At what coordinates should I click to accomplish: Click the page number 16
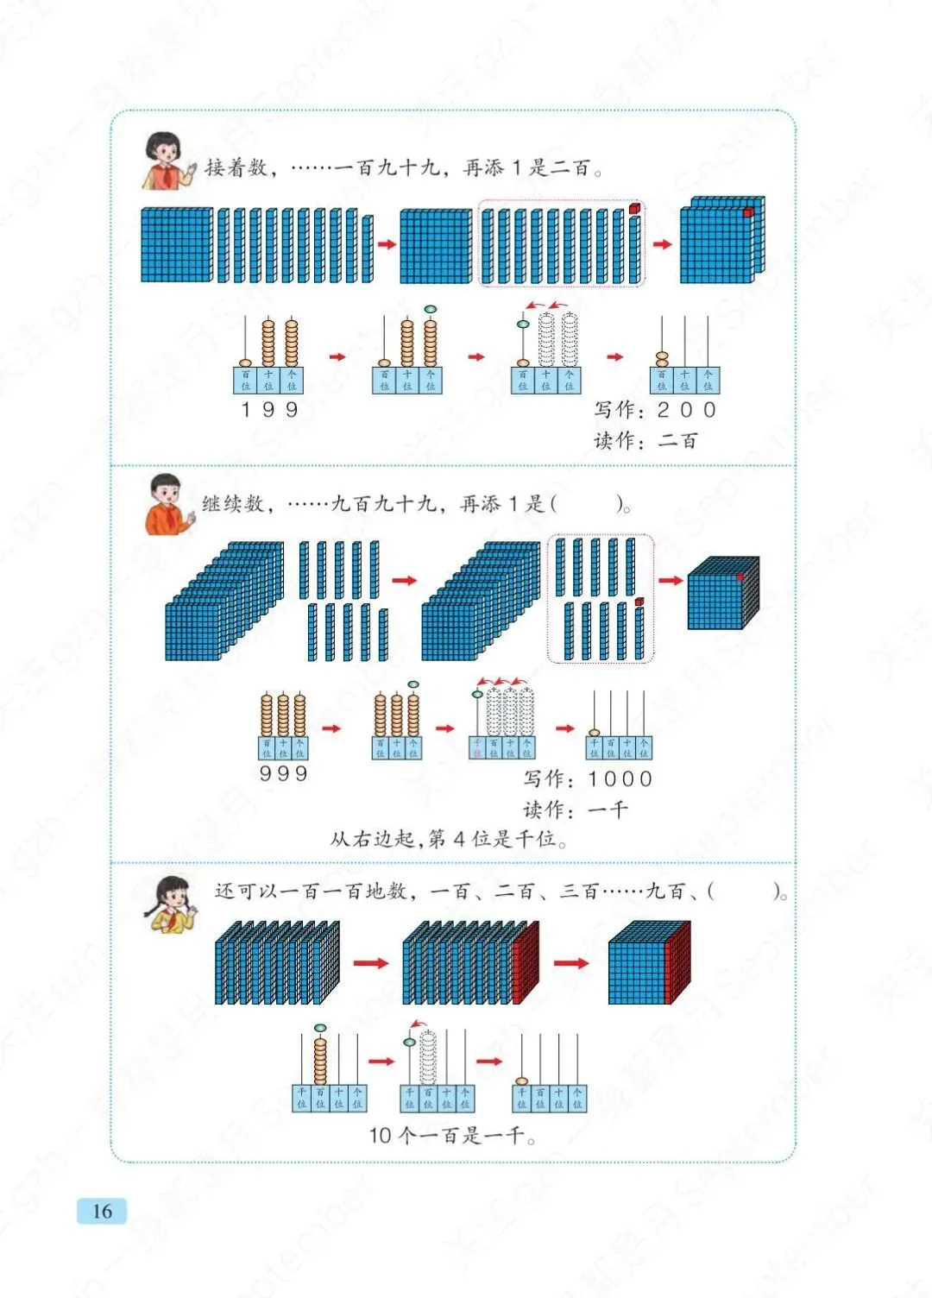click(x=102, y=1211)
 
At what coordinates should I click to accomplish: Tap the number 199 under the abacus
click(x=269, y=409)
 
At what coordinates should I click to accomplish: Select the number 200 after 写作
click(x=687, y=410)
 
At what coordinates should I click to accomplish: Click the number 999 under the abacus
click(x=283, y=773)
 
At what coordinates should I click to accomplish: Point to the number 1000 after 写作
click(x=620, y=779)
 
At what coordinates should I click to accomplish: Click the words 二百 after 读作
click(x=677, y=441)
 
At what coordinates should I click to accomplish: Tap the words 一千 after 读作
click(x=608, y=810)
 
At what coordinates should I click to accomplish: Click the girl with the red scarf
click(x=166, y=160)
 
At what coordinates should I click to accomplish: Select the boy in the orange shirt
click(x=167, y=505)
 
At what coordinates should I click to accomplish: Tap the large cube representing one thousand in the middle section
click(x=722, y=594)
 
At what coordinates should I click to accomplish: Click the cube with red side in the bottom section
click(x=649, y=962)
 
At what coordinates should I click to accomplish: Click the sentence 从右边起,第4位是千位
click(x=448, y=839)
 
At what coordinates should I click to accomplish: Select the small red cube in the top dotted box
click(x=635, y=208)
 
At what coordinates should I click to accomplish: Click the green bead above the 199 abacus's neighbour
click(x=430, y=308)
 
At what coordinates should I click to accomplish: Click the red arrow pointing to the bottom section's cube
click(x=570, y=962)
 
